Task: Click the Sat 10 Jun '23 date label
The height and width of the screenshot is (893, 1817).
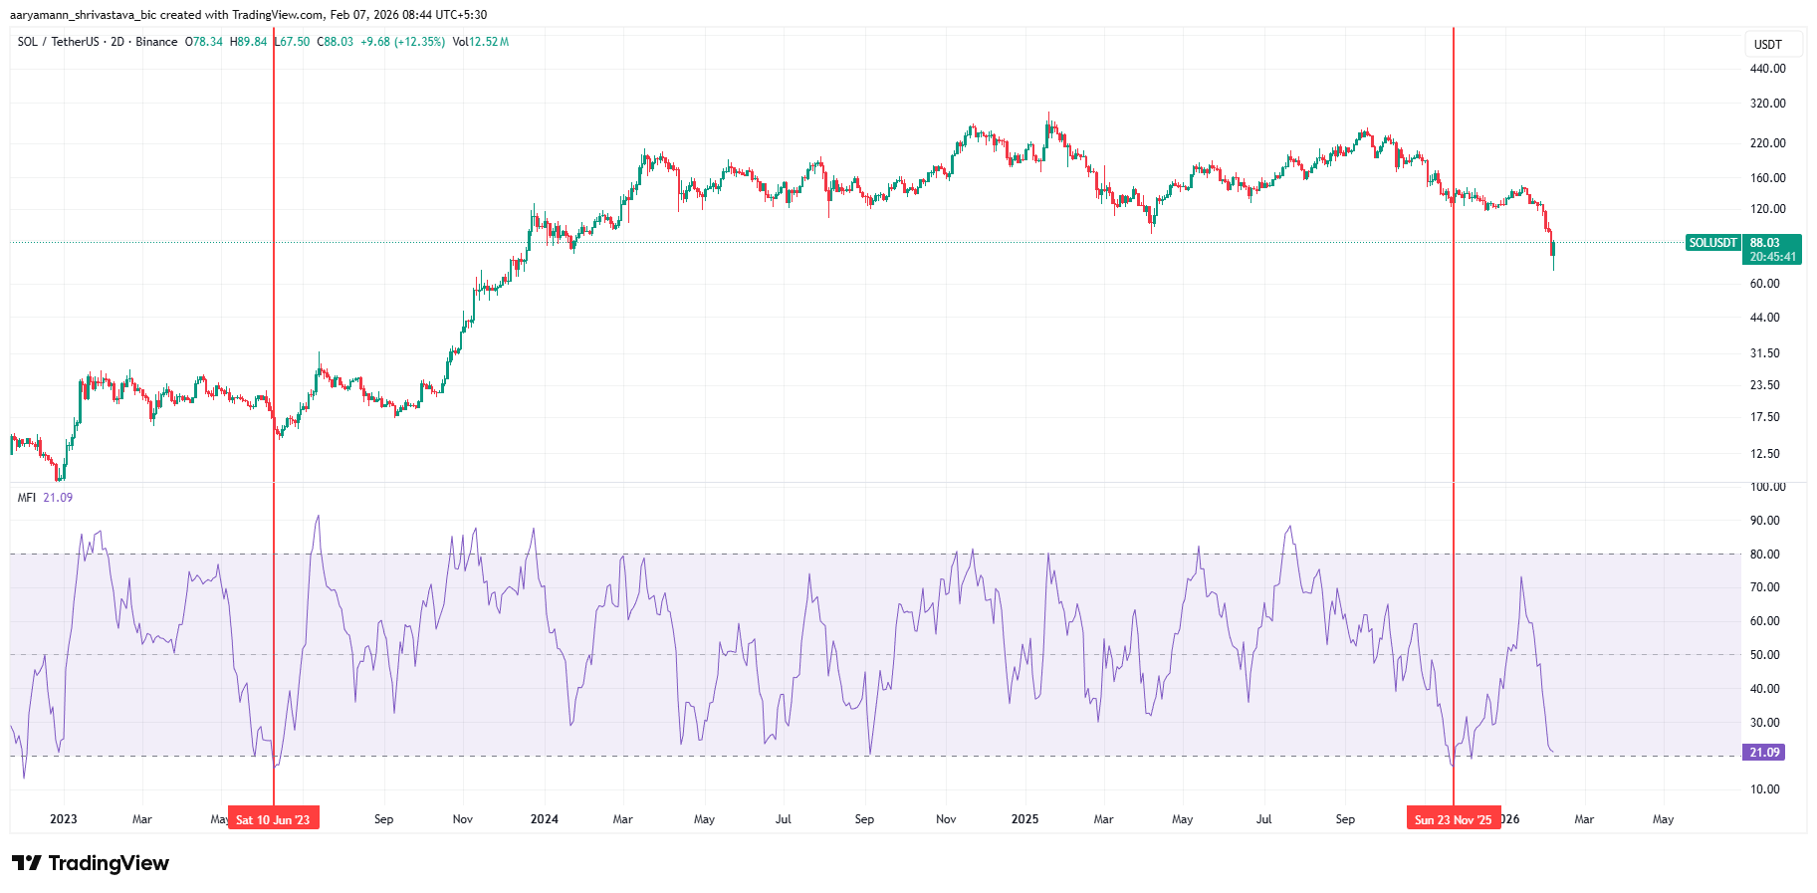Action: click(273, 819)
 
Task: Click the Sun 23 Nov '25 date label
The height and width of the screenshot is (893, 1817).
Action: click(1453, 819)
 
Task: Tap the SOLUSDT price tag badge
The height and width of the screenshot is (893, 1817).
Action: click(1712, 243)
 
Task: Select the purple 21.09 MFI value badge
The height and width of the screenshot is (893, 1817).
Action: click(1763, 753)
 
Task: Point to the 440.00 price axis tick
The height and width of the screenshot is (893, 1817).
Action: click(1767, 69)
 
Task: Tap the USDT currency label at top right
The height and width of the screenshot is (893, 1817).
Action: click(1767, 45)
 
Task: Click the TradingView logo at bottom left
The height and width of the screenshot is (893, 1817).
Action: click(91, 863)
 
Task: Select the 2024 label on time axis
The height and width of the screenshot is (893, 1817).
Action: click(544, 819)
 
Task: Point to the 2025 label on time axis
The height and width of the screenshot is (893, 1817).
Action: click(1024, 819)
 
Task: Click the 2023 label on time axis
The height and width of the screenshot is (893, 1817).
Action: click(63, 819)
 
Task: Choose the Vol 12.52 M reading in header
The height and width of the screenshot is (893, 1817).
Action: click(481, 42)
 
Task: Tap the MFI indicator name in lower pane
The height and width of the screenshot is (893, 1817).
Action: click(27, 498)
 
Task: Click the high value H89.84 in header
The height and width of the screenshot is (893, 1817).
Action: click(248, 42)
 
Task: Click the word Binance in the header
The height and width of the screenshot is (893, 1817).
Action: click(156, 42)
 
